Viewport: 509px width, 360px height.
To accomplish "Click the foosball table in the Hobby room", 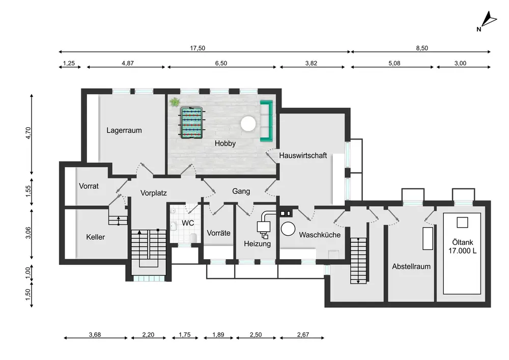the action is click(x=191, y=123).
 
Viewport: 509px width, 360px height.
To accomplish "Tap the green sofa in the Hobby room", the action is click(x=266, y=121).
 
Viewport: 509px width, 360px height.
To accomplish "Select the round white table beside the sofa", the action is click(x=248, y=124).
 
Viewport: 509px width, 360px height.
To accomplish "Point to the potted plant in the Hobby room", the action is click(x=174, y=102).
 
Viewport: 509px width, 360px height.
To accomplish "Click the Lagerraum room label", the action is click(x=124, y=130).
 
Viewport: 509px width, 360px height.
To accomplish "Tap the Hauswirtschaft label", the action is click(x=303, y=155).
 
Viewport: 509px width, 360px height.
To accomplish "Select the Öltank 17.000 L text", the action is click(x=463, y=246).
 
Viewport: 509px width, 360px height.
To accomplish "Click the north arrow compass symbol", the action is click(x=487, y=21).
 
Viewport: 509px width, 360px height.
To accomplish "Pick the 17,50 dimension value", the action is click(x=197, y=48).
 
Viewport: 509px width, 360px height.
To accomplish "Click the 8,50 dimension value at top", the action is click(x=422, y=48).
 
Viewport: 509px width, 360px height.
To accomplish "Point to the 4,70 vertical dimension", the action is click(x=28, y=133).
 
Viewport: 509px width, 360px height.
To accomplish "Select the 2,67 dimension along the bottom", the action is click(x=303, y=335).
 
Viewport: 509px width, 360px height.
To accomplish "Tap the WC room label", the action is click(x=188, y=223).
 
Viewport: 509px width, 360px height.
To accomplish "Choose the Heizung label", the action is click(x=258, y=244).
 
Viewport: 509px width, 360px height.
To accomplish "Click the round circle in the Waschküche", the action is click(x=288, y=229).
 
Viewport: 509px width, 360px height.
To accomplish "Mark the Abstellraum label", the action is click(x=411, y=266).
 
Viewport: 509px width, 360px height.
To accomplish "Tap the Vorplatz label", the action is click(x=154, y=193).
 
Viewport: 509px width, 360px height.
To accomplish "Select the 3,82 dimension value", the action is click(x=311, y=63).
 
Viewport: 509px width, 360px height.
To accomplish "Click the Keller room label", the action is click(x=96, y=237).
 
